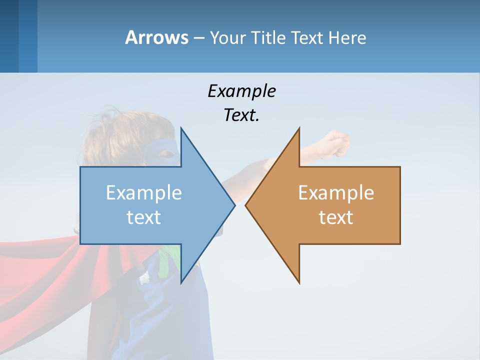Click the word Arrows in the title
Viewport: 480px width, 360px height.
[x=156, y=37]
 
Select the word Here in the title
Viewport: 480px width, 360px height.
[x=347, y=37]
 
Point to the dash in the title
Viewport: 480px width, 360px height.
[x=198, y=38]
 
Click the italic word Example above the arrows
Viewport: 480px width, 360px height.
[x=241, y=91]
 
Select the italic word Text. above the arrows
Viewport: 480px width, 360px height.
[x=241, y=115]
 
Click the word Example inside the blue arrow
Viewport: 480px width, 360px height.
[x=144, y=193]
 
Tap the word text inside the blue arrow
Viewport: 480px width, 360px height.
[x=144, y=217]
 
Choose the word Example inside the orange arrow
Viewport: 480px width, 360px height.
[x=336, y=193]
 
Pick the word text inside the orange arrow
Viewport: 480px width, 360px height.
[x=336, y=217]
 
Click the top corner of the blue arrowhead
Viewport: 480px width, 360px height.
[x=181, y=129]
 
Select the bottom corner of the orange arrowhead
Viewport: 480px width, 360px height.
[x=299, y=282]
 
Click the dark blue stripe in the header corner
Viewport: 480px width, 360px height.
[x=9, y=36]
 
